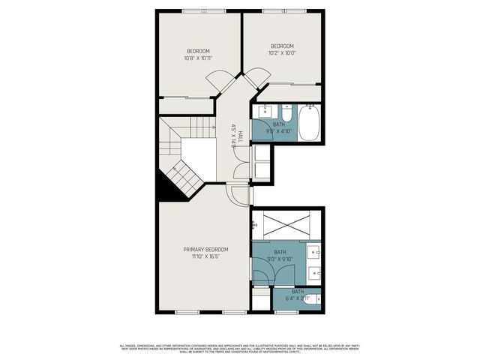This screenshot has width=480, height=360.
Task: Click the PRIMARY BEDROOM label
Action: (206, 249)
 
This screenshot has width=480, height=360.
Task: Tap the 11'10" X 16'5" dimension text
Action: (206, 256)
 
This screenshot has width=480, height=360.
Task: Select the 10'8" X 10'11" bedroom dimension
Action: (199, 58)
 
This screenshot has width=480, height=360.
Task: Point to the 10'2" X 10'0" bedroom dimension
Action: (283, 52)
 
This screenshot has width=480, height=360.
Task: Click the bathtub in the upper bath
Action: (309, 123)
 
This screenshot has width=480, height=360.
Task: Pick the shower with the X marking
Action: (286, 224)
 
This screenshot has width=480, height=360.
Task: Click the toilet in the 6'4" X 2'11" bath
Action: (318, 298)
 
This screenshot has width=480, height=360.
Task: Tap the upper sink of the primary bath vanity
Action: (316, 250)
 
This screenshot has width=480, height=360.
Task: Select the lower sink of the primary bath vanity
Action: (316, 271)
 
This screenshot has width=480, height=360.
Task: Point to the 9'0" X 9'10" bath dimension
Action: (280, 259)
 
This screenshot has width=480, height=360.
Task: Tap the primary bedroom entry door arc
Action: (238, 196)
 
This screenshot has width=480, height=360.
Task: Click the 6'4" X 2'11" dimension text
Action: (298, 298)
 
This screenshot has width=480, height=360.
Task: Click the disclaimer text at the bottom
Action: (240, 348)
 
